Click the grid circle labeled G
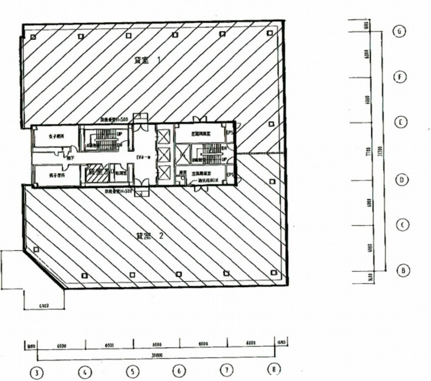pyautogui.click(x=399, y=31)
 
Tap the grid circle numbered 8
pyautogui.click(x=274, y=369)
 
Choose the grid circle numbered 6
pyautogui.click(x=179, y=370)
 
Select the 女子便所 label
pyautogui.click(x=56, y=136)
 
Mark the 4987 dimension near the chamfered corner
pyautogui.click(x=44, y=306)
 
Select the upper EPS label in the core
pyautogui.click(x=230, y=132)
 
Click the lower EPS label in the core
pyautogui.click(x=230, y=175)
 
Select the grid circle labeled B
pyautogui.click(x=403, y=270)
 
